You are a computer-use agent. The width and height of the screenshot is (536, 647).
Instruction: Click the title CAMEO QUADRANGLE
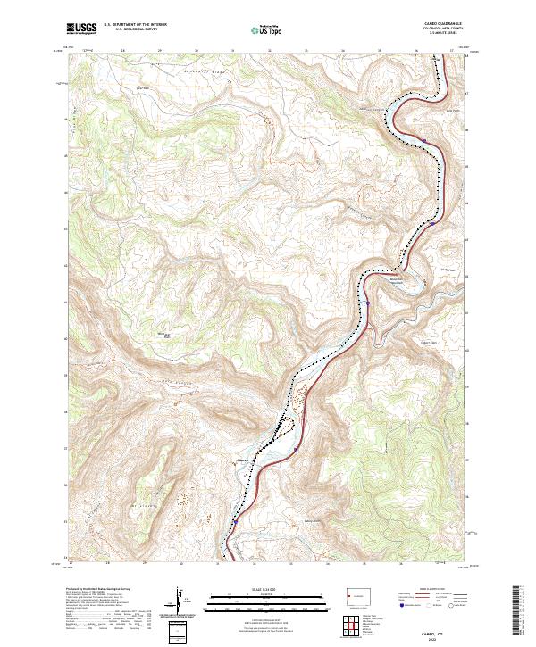435,25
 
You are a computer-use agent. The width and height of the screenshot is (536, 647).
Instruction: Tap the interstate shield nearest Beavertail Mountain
367,303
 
